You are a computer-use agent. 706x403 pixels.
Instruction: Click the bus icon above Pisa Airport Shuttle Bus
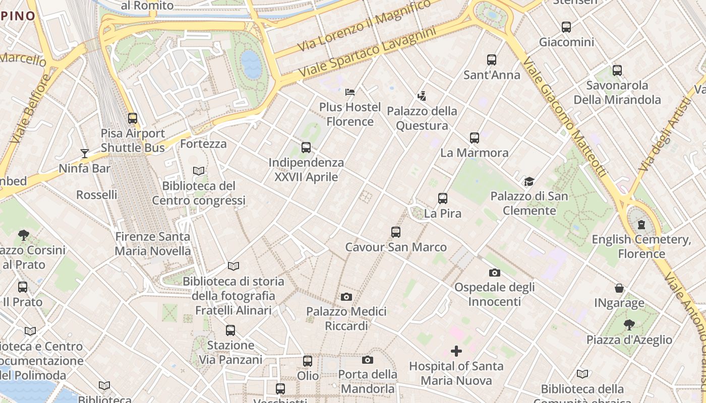133,118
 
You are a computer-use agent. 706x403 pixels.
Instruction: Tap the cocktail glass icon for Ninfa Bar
84,153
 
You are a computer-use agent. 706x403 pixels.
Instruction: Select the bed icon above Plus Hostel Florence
350,92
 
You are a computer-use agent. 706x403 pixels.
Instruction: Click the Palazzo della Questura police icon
422,96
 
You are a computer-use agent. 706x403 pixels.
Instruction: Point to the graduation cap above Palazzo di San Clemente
529,181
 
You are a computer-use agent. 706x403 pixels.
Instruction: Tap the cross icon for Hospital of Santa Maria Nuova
456,351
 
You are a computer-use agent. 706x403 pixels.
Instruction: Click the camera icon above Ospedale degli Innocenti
495,273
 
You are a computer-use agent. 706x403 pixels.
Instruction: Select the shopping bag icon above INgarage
619,288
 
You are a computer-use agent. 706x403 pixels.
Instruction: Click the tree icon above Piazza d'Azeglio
629,324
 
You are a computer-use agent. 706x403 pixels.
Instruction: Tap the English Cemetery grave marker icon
641,224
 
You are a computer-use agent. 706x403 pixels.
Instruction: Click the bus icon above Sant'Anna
492,60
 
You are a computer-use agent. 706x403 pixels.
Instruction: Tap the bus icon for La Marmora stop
475,138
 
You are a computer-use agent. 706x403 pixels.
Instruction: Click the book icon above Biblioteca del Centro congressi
199,171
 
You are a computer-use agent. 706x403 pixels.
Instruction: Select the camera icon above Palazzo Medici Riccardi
346,297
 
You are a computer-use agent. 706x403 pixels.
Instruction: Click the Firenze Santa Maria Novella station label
153,243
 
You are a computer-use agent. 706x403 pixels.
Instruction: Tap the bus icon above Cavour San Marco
396,232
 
